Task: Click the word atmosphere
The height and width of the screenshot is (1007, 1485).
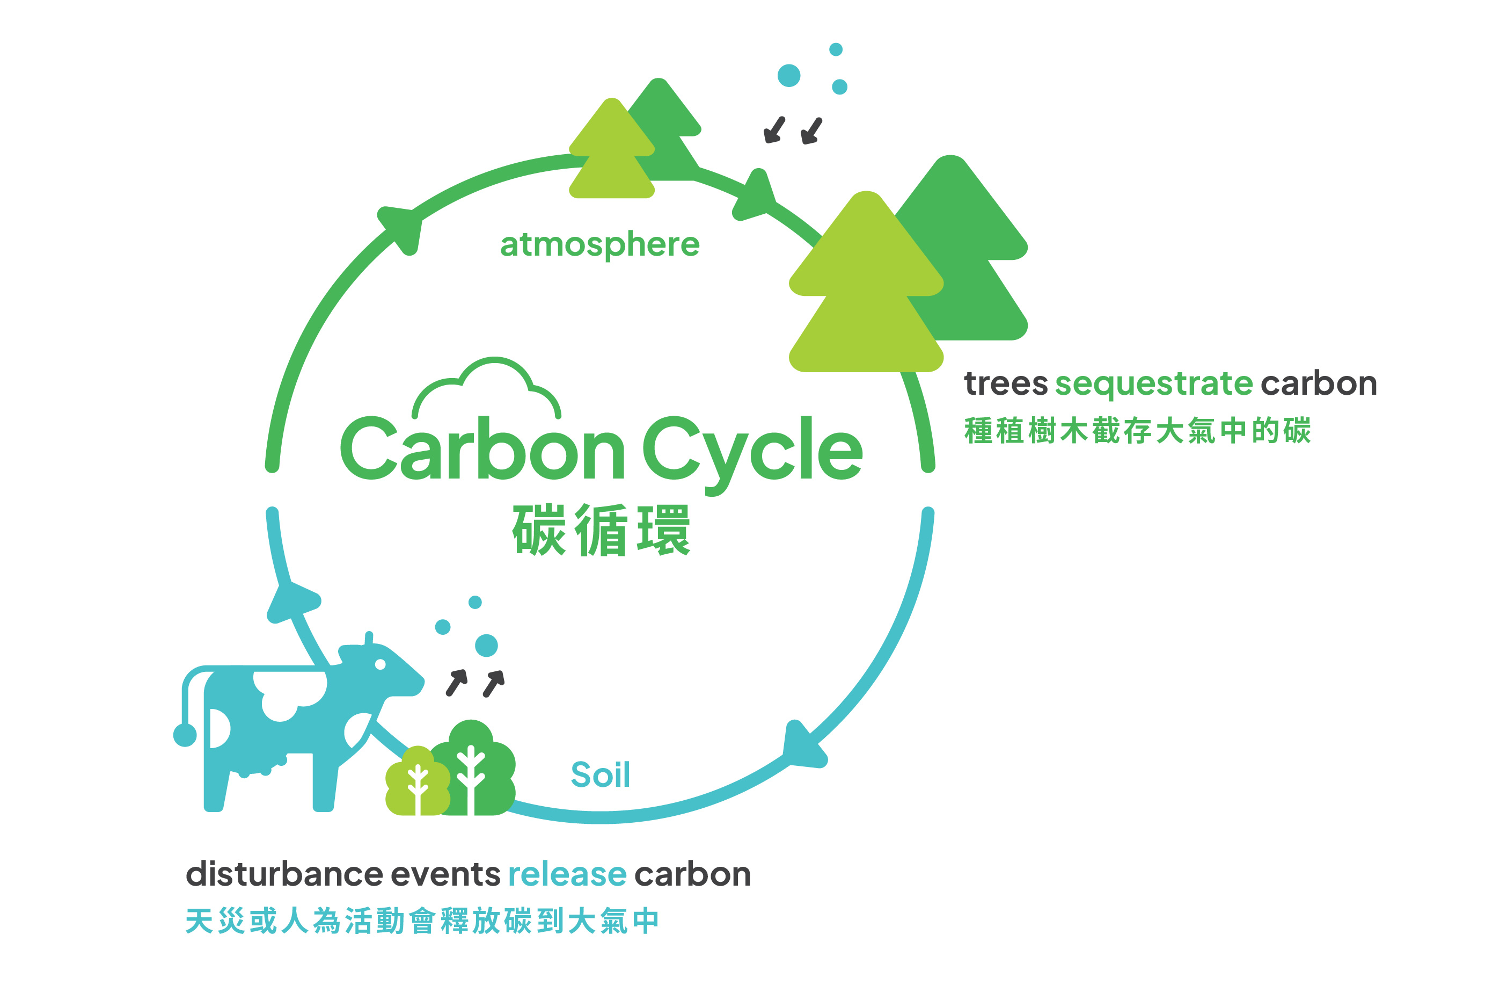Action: (599, 245)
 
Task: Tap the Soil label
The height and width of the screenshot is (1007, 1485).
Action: (600, 775)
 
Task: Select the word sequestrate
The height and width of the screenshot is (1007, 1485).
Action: (1153, 384)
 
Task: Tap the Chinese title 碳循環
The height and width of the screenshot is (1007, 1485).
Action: (601, 530)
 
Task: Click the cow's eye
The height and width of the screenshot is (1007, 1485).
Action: (380, 664)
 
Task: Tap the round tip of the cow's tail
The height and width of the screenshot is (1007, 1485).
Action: (185, 735)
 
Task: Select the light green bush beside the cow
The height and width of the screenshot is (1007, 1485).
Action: (417, 781)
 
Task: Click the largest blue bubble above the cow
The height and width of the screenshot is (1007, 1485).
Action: (486, 646)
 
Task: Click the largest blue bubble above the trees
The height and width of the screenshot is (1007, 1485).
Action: (788, 75)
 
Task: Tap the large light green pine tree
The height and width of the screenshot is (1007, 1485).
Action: (866, 288)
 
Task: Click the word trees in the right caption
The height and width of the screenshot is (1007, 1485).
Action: (1006, 384)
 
